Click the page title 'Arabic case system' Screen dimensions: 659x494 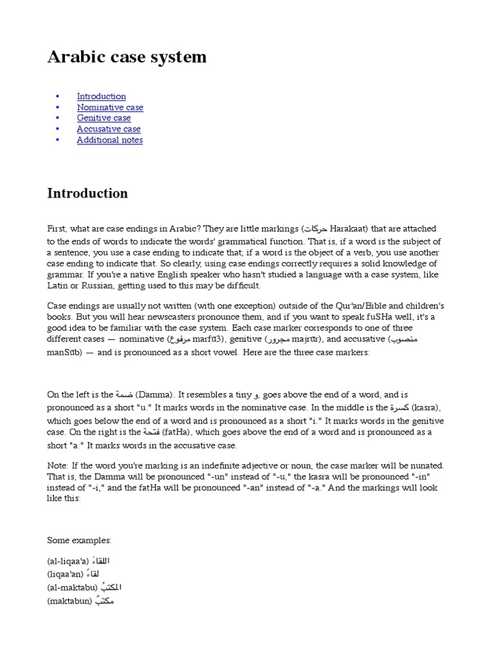tap(127, 57)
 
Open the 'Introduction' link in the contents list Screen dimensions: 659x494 tap(101, 96)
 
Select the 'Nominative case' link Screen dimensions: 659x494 tap(110, 107)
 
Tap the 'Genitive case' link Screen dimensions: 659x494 tap(104, 118)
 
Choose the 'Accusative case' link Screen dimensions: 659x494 tap(108, 129)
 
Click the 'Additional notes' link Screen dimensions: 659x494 tap(109, 140)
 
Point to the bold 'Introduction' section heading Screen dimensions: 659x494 tap(87, 193)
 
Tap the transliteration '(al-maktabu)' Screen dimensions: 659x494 tap(72, 587)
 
